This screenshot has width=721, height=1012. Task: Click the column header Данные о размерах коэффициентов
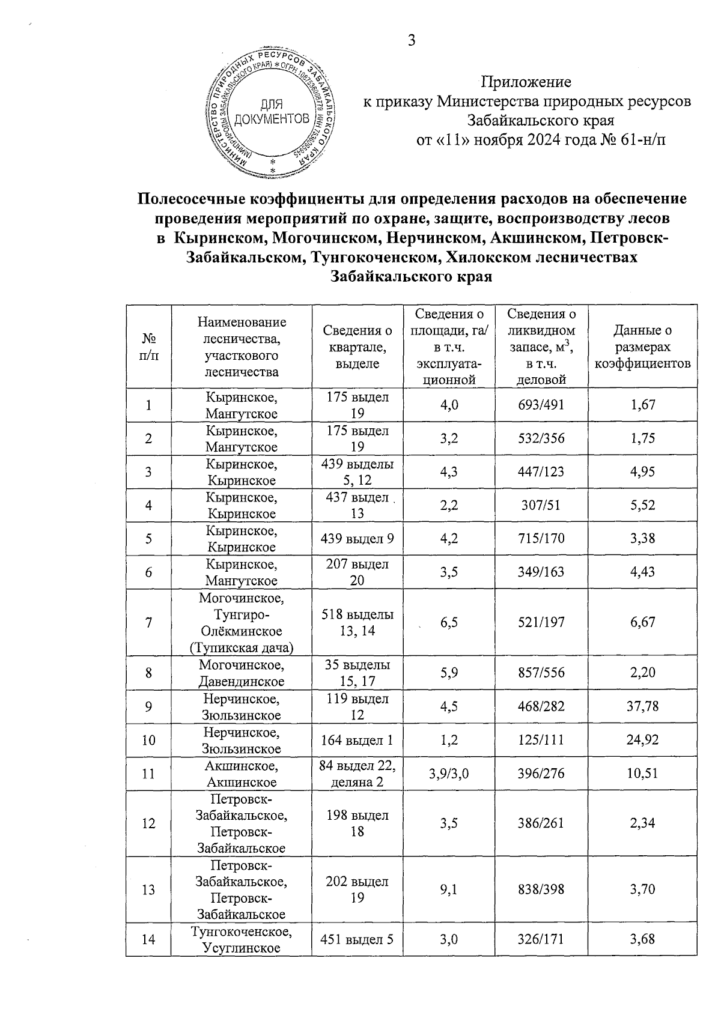pyautogui.click(x=642, y=347)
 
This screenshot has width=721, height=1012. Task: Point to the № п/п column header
pyautogui.click(x=148, y=347)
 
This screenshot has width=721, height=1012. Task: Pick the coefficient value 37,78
pyautogui.click(x=642, y=706)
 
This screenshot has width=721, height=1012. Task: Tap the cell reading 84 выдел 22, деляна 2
pyautogui.click(x=357, y=774)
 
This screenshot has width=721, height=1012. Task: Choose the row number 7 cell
pyautogui.click(x=148, y=622)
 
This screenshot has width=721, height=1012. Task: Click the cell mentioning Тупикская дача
pyautogui.click(x=242, y=647)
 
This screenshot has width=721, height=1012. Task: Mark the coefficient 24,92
pyautogui.click(x=642, y=739)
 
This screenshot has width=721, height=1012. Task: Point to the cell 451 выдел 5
pyautogui.click(x=357, y=939)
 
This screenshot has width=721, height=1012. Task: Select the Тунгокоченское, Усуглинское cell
pyautogui.click(x=242, y=939)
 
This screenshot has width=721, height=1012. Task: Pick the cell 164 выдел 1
pyautogui.click(x=357, y=739)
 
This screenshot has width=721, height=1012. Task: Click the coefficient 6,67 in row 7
pyautogui.click(x=642, y=622)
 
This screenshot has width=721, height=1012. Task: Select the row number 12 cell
pyautogui.click(x=148, y=823)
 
